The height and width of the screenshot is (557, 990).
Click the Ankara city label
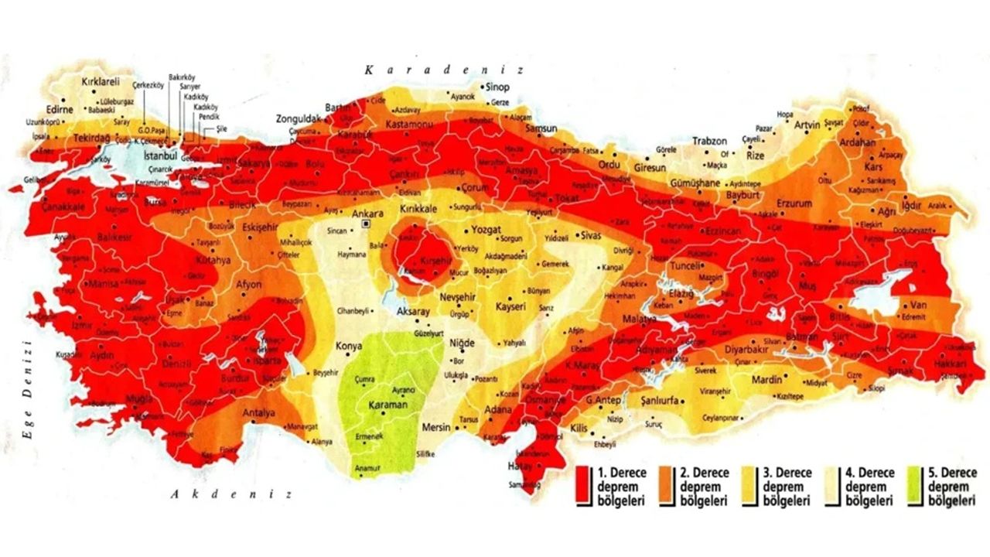[367, 213]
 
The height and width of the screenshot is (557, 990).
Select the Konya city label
[348, 347]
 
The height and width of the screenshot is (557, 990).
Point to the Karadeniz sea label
[445, 70]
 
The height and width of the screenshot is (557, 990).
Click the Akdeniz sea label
[232, 494]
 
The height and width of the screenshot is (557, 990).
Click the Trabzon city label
[709, 142]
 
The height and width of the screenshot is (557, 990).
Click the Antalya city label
[259, 413]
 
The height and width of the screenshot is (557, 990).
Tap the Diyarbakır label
[745, 348]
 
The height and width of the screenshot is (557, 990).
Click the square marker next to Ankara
[367, 224]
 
